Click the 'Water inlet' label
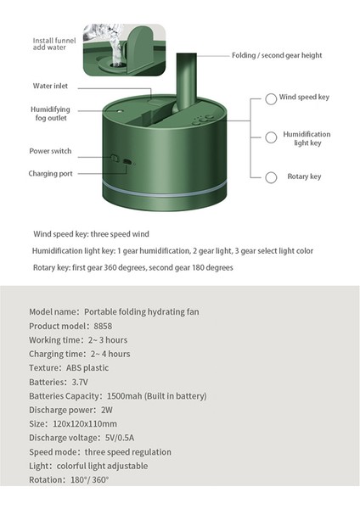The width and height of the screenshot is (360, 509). point(51,87)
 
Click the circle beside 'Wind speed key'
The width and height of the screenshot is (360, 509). point(270,98)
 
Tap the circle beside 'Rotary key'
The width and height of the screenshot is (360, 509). point(270,177)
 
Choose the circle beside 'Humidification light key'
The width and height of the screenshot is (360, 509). point(270,137)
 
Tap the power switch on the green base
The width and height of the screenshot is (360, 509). point(113,159)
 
